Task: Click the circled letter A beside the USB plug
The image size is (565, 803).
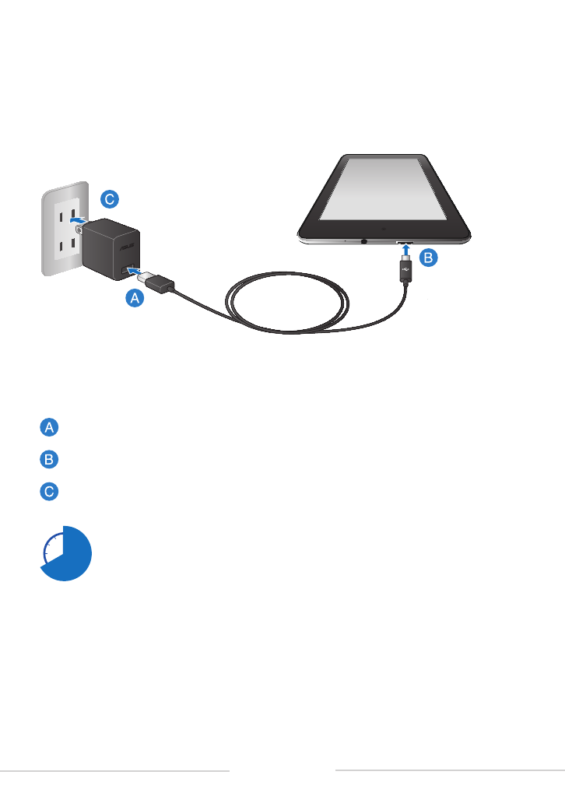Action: click(135, 298)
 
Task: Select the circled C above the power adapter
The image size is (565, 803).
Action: click(110, 199)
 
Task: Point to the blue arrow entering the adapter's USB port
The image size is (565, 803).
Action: click(135, 270)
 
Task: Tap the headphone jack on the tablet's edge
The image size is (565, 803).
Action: click(363, 240)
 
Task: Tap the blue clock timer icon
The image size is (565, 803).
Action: click(66, 553)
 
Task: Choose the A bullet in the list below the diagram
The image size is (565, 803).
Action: click(49, 427)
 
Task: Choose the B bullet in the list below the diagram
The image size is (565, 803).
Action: click(49, 459)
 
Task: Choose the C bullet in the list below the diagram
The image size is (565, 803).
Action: click(49, 492)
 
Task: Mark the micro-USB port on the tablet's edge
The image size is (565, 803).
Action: click(405, 242)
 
